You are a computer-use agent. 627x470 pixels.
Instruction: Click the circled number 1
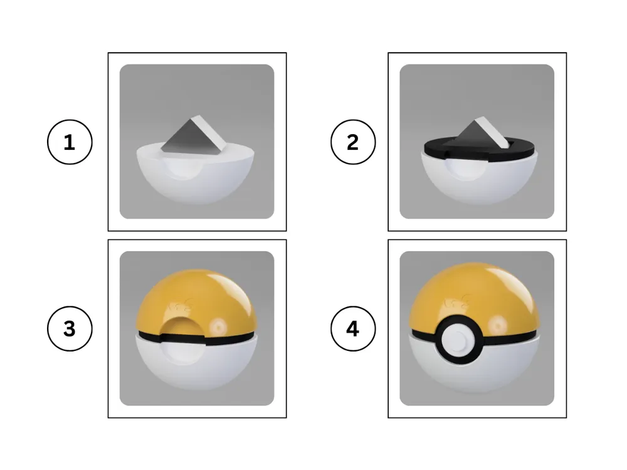[70, 142]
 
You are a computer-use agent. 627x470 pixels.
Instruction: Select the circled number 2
[353, 142]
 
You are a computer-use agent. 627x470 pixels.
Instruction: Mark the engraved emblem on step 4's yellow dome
[456, 301]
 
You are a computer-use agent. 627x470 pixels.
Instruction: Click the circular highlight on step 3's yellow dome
[219, 326]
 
